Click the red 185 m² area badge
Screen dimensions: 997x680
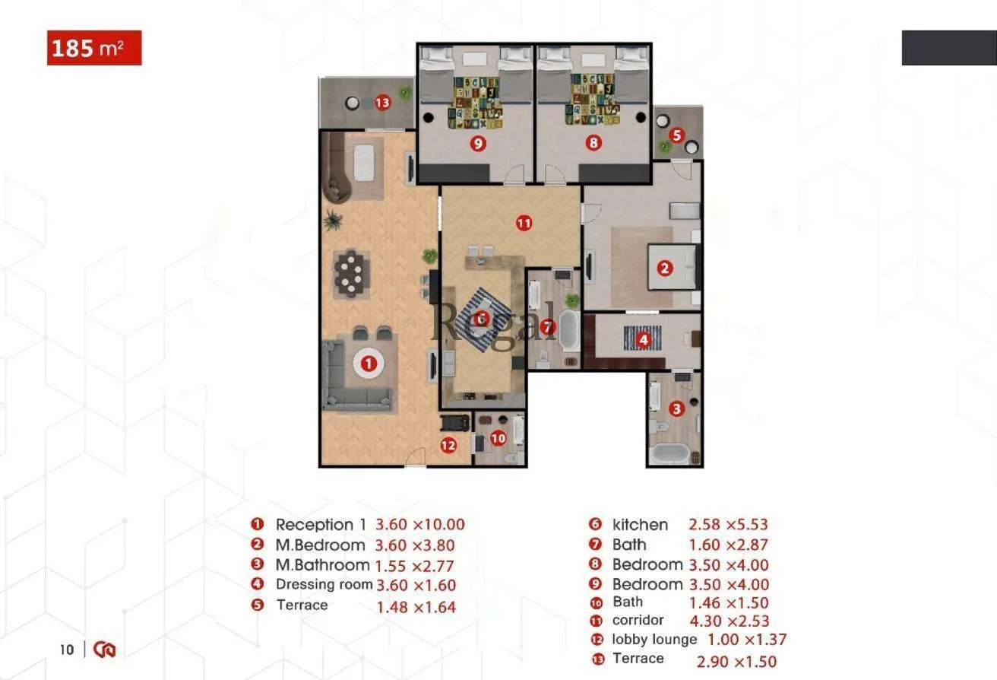tap(94, 48)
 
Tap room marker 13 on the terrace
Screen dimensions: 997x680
tap(382, 103)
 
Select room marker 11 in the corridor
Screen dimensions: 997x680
tap(524, 223)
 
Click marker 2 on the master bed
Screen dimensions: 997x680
tap(665, 269)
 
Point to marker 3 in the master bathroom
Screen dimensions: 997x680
tap(676, 408)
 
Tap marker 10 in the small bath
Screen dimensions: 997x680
tap(498, 438)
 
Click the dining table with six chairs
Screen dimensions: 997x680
tap(351, 274)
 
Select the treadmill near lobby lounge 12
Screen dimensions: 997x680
tap(455, 423)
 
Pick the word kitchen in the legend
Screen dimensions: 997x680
tap(640, 525)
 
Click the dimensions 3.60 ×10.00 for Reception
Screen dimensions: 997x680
tap(420, 525)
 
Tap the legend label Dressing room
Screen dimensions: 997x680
tap(324, 584)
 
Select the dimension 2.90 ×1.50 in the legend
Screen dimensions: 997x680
tap(736, 662)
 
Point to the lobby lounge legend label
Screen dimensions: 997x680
tap(655, 640)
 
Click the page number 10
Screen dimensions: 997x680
tap(67, 650)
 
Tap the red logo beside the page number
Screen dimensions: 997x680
tap(105, 650)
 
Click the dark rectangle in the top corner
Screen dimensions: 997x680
tap(949, 48)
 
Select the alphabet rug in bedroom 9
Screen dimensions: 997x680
tap(476, 103)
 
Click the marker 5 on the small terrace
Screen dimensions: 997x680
tap(676, 135)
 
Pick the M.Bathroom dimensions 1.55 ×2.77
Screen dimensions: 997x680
tap(414, 566)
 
